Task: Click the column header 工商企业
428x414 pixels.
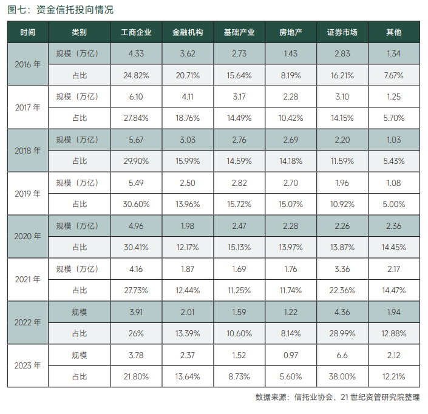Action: [136, 32]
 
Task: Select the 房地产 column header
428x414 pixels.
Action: [291, 32]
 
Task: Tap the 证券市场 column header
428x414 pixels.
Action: [342, 32]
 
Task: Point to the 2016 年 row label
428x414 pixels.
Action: [27, 64]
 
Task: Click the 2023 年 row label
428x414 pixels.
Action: [27, 365]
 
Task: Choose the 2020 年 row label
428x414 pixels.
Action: [27, 236]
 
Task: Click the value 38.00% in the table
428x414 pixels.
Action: [342, 376]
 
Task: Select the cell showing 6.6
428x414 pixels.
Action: [342, 355]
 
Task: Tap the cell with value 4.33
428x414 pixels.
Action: [136, 53]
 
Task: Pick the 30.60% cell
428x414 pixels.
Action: [136, 204]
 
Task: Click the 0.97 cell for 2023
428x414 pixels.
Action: [291, 355]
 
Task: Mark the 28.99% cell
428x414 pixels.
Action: [342, 333]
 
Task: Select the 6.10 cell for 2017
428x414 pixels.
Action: [136, 97]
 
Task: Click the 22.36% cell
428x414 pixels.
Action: [342, 290]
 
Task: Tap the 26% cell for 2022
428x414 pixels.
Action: [136, 333]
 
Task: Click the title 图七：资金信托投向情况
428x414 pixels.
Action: [60, 10]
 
